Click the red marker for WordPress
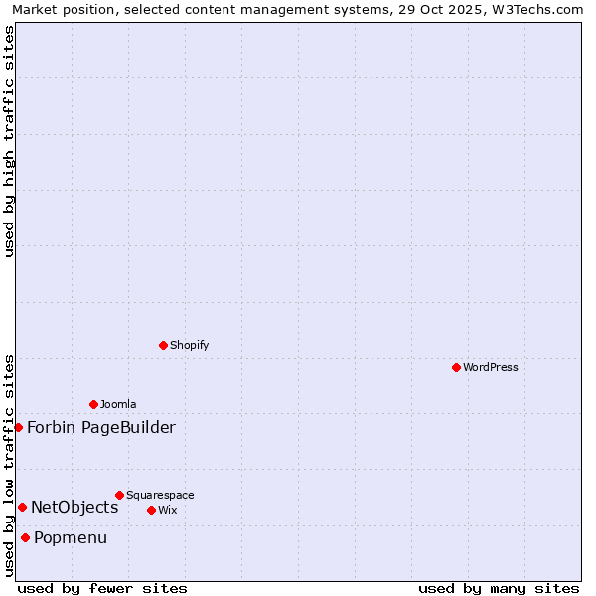click(456, 367)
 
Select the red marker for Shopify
click(163, 345)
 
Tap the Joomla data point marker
click(93, 404)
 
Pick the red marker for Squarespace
click(119, 495)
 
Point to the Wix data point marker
click(151, 510)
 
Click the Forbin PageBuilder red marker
click(18, 427)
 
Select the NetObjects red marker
click(22, 507)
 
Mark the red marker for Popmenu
click(25, 537)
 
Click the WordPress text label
click(491, 367)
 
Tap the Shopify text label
click(189, 345)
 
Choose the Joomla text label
click(118, 404)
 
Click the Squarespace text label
click(160, 495)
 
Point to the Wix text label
click(167, 510)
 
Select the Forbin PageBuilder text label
click(101, 428)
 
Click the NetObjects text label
click(74, 508)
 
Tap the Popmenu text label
click(71, 538)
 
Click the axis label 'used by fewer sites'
click(102, 588)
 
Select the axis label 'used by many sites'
click(499, 588)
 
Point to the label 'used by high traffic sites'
click(9, 141)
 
